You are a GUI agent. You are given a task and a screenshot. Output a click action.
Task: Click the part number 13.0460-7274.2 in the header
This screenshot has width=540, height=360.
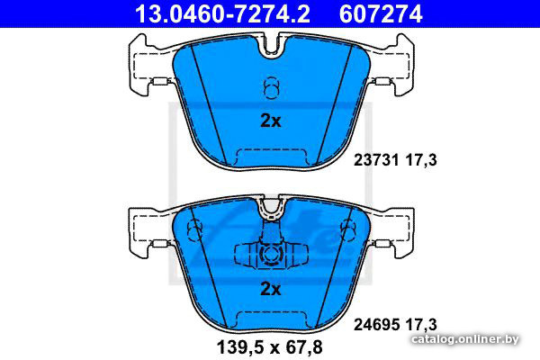[222, 14]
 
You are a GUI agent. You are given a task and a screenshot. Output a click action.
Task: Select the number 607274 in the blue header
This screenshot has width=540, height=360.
[381, 14]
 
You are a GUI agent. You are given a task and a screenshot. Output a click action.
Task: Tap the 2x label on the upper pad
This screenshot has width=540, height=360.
[271, 121]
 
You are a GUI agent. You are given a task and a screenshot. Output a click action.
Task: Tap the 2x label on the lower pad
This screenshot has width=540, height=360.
[271, 289]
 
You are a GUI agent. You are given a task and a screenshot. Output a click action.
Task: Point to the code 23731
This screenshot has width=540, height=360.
[376, 160]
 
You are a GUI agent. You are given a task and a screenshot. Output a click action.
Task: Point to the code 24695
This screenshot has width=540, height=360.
[376, 325]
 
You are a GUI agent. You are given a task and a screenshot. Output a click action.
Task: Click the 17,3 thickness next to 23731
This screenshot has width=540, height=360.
[421, 160]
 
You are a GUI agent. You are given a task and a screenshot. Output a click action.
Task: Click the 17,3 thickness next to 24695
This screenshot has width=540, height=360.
[421, 325]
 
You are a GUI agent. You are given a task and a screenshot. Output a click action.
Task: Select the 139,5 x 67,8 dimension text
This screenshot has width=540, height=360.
[270, 346]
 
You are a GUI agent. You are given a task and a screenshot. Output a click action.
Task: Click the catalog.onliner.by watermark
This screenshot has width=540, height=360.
[465, 339]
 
